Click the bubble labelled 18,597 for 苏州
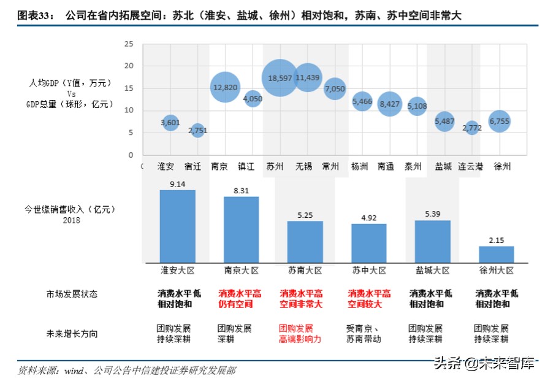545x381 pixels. point(280,77)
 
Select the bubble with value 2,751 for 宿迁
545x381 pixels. point(197,130)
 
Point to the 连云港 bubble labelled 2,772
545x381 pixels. point(471,128)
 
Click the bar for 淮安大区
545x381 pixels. point(177,226)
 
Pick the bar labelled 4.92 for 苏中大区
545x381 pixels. point(368,243)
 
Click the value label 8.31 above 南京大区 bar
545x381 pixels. point(241,191)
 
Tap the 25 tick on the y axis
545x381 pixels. point(129,44)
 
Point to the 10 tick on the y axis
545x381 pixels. point(129,110)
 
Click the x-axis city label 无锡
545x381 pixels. point(304,166)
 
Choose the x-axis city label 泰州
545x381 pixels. point(413,166)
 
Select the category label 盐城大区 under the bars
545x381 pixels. point(433,270)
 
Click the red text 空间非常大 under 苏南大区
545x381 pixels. point(300,304)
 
